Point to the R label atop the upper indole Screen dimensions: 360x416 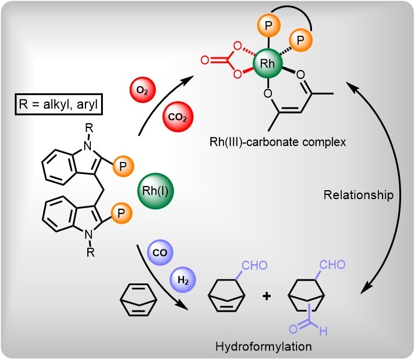click(x=89, y=128)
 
